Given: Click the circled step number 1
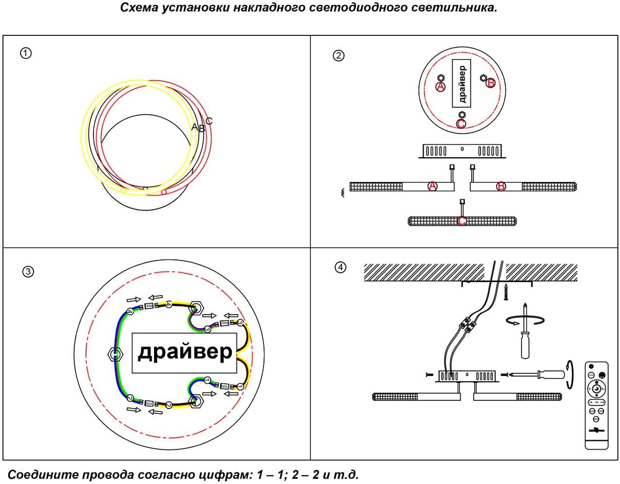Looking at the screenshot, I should [26, 53].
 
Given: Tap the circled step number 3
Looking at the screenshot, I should [28, 272].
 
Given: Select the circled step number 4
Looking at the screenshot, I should [341, 267].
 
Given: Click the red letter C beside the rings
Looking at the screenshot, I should [209, 121].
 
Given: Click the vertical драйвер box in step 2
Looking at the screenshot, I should [462, 83].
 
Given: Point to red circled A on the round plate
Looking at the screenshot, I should [440, 86].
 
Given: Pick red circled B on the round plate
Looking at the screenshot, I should [491, 83].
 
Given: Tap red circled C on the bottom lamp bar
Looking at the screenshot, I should [462, 221].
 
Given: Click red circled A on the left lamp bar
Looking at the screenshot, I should [433, 186].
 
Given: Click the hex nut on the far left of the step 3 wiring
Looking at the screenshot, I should [114, 355].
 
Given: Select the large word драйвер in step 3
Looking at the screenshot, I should [185, 352].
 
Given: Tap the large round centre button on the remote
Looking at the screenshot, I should [596, 389].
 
